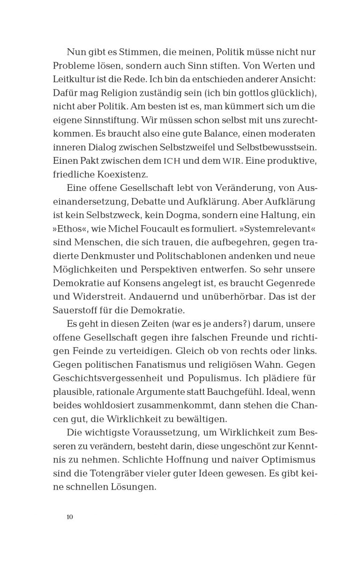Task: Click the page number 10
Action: point(69,517)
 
